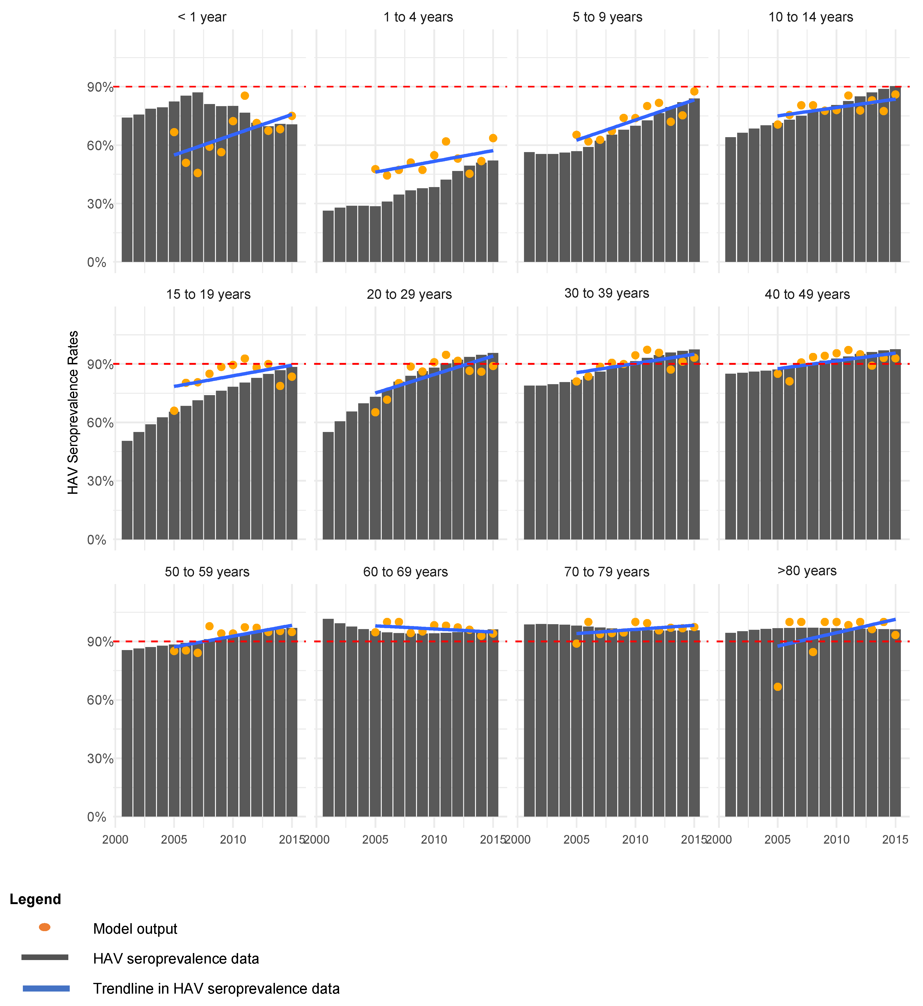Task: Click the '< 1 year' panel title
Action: [x=202, y=17]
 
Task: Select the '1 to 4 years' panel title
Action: [x=418, y=17]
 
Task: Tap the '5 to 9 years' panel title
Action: [x=607, y=17]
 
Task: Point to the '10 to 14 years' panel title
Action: [x=811, y=17]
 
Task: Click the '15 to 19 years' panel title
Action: [x=208, y=294]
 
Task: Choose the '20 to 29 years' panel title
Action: [x=409, y=294]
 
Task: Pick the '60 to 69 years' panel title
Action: [x=406, y=572]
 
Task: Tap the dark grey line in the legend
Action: [x=45, y=957]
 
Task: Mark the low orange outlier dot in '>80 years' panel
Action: [x=778, y=687]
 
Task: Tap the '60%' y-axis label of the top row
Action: [x=100, y=146]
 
